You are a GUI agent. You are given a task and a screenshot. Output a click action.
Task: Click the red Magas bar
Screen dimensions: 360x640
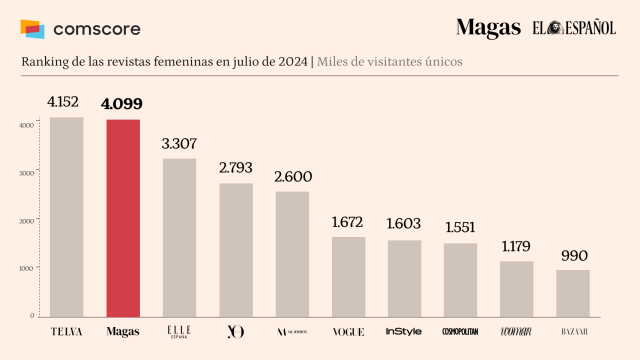123,218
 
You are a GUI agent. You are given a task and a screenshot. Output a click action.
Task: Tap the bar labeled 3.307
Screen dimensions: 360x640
179,237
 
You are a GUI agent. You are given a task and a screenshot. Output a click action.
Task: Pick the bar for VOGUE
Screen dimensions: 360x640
348,276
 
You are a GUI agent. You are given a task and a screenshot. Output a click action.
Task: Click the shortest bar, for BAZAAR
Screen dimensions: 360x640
573,293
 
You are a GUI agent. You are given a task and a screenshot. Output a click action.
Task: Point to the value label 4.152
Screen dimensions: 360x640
66,102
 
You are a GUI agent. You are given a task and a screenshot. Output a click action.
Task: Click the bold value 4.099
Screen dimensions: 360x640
123,104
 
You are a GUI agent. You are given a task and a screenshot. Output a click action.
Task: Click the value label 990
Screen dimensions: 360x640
573,255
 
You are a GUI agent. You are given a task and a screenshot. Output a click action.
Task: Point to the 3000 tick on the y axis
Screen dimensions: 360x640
27,172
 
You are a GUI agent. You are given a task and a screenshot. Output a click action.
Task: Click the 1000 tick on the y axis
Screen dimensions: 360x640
27,268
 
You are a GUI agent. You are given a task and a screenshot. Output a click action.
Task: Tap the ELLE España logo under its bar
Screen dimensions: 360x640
179,332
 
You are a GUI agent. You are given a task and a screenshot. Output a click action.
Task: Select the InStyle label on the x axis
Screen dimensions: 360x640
404,331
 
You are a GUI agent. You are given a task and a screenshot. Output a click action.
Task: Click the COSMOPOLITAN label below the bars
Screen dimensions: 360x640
460,331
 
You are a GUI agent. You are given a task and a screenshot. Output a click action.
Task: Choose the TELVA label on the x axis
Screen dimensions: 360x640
66,331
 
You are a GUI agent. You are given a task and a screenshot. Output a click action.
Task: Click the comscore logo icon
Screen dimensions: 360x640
33,29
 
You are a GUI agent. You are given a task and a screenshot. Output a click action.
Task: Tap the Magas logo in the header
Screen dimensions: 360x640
488,29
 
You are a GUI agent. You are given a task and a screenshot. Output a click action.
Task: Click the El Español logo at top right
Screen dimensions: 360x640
574,28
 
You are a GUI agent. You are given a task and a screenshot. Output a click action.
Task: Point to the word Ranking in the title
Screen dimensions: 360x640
45,63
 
